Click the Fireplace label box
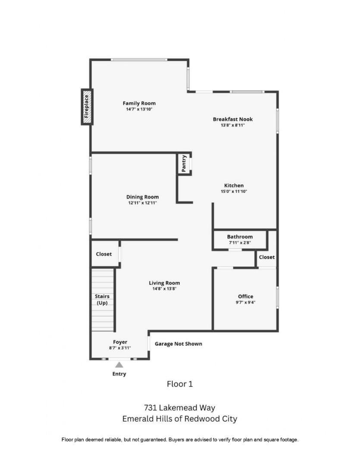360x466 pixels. [87, 107]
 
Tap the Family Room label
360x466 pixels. [139, 103]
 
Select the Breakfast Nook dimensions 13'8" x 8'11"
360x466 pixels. [232, 125]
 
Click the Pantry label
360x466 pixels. [184, 164]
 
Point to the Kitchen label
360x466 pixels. [234, 186]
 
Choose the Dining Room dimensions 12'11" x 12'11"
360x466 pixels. [142, 202]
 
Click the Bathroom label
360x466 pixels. [240, 236]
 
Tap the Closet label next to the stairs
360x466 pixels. [103, 254]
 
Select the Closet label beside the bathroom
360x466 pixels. [266, 257]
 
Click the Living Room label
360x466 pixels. [164, 283]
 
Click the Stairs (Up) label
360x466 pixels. [102, 299]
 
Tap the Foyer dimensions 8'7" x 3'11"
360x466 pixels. [120, 348]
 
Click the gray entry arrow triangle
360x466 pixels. [119, 365]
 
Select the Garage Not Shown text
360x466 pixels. [178, 344]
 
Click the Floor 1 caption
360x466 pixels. [179, 384]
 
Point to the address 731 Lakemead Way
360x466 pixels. [179, 408]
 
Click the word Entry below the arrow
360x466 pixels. [119, 374]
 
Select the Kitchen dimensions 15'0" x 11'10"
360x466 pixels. [234, 191]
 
